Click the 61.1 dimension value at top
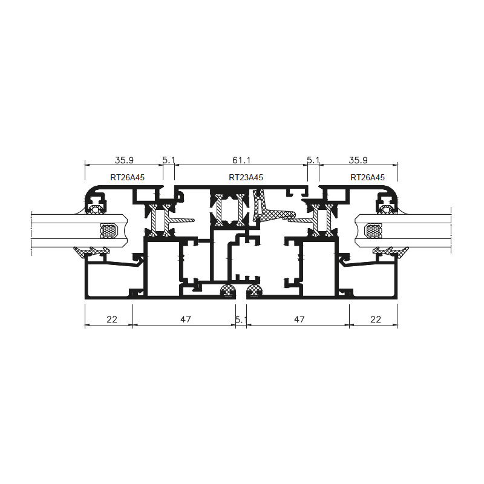click(x=241, y=160)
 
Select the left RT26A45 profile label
click(x=127, y=177)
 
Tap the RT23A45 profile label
click(x=246, y=177)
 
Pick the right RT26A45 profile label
click(x=367, y=177)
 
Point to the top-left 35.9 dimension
click(x=124, y=160)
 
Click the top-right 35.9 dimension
click(x=358, y=160)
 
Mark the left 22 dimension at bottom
click(x=112, y=319)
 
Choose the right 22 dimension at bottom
click(x=375, y=319)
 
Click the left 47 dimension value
click(x=186, y=319)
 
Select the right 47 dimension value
click(x=299, y=319)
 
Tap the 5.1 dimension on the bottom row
click(x=241, y=319)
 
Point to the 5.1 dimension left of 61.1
click(x=169, y=160)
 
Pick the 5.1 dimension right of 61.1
click(x=313, y=160)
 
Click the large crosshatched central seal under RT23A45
click(x=269, y=211)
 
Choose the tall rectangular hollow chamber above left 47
click(x=163, y=269)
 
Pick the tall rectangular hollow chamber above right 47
click(x=319, y=269)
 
